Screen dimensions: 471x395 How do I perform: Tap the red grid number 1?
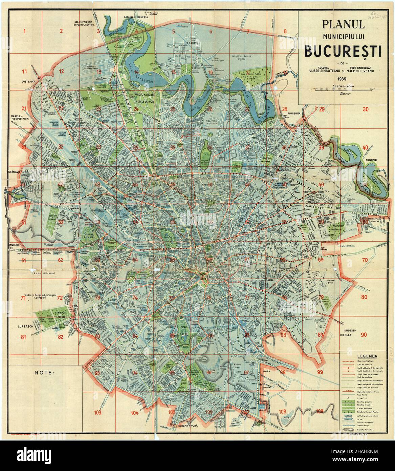[x=24, y=32]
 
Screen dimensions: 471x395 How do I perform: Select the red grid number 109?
[x=320, y=411]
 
